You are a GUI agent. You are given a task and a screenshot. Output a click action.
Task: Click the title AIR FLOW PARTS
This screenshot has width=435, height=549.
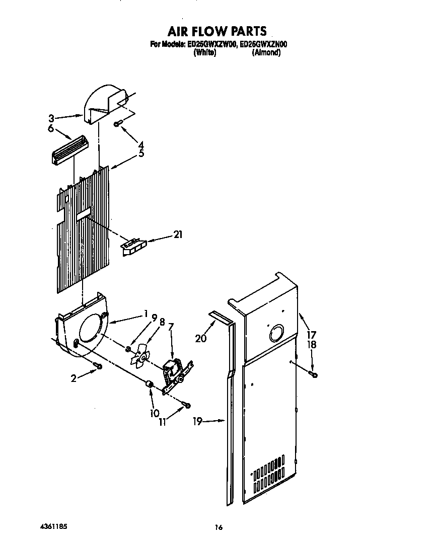(x=217, y=32)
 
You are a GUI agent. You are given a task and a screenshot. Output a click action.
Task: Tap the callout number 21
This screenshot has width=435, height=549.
(x=178, y=234)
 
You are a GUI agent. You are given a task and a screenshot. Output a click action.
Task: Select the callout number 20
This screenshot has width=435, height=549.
(x=200, y=338)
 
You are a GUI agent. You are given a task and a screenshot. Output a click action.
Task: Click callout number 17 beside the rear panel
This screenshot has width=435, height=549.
(x=312, y=334)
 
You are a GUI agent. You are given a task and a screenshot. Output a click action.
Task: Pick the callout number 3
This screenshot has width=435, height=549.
(x=51, y=119)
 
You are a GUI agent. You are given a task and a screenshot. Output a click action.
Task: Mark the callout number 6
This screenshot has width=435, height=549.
(x=51, y=129)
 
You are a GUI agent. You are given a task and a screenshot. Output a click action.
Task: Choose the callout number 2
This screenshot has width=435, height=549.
(x=74, y=378)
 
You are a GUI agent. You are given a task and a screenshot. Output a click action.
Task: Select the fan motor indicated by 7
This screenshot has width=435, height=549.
(x=173, y=371)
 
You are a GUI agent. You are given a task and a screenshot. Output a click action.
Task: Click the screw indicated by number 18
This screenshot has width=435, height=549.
(x=315, y=374)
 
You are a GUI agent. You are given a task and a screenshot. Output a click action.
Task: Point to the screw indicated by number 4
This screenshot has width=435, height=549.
(x=117, y=124)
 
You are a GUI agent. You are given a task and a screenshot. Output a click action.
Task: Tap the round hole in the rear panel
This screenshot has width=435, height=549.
(x=276, y=333)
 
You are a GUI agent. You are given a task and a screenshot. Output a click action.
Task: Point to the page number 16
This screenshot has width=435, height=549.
(x=218, y=527)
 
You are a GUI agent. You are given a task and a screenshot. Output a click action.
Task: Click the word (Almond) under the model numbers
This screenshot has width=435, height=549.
(x=266, y=52)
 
